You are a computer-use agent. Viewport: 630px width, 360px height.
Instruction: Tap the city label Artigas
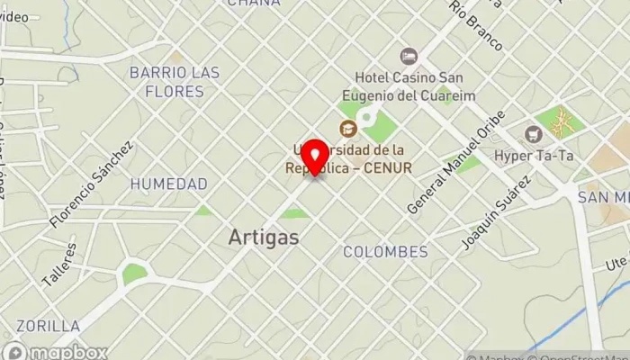(x=264, y=237)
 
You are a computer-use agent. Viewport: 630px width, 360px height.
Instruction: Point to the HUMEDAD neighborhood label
(x=168, y=184)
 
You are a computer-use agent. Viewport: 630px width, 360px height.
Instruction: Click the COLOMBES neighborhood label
(x=385, y=252)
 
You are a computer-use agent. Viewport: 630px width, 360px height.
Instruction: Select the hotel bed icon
(x=409, y=57)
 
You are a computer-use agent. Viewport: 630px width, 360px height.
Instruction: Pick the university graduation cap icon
(x=346, y=129)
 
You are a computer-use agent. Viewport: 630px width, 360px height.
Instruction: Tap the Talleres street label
(x=61, y=263)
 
